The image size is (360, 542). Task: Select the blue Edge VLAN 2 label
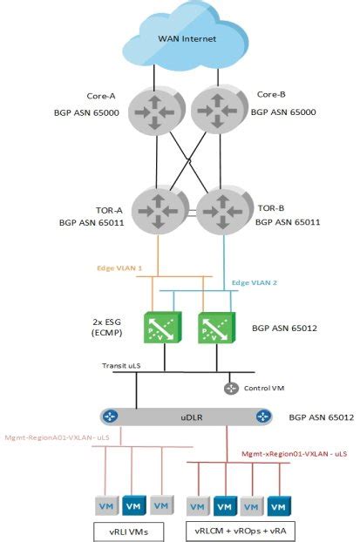pos(254,283)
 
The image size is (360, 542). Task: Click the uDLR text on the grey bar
pos(187,417)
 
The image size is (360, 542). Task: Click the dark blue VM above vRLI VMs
pos(132,505)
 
